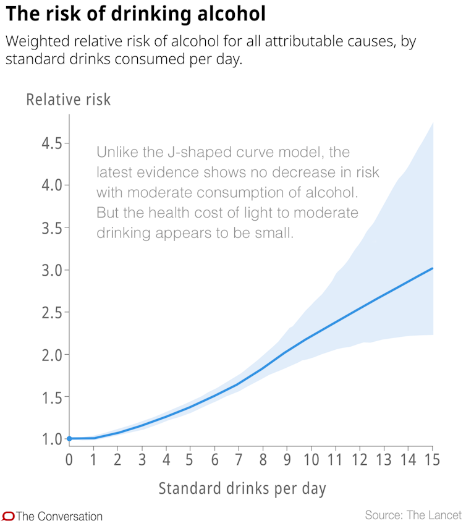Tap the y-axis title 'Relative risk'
pyautogui.click(x=69, y=99)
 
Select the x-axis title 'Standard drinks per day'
pyautogui.click(x=242, y=488)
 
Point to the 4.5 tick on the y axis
pyautogui.click(x=53, y=143)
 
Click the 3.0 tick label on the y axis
pyautogui.click(x=53, y=270)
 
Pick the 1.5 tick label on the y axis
pyautogui.click(x=53, y=397)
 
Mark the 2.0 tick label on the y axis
pyautogui.click(x=53, y=355)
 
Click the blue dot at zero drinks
pyautogui.click(x=69, y=439)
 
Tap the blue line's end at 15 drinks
pyautogui.click(x=432, y=268)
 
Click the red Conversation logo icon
pyautogui.click(x=8, y=516)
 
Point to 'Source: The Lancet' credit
pyautogui.click(x=413, y=515)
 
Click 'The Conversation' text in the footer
pyautogui.click(x=59, y=516)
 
